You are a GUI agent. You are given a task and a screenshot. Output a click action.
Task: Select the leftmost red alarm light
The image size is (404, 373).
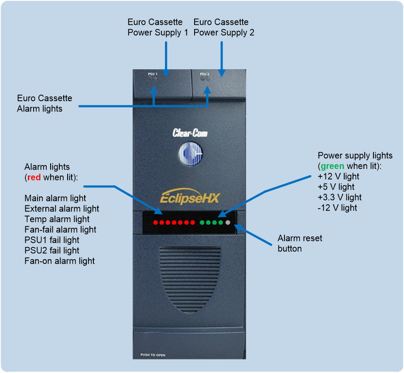click(155, 223)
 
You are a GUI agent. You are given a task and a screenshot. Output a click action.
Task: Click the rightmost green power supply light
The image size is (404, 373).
click(221, 223)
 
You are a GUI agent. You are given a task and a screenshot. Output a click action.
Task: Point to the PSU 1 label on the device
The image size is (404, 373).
click(153, 74)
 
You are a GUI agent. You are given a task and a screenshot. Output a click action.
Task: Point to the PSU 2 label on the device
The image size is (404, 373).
click(205, 74)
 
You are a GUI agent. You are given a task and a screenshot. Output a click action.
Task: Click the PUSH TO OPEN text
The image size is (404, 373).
click(153, 355)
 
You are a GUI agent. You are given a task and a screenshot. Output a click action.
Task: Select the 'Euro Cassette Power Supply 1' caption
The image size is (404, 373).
click(157, 27)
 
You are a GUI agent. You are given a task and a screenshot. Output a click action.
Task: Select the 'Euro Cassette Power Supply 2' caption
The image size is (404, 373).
click(224, 27)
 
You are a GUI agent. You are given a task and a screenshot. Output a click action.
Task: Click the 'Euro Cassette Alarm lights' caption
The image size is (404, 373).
click(45, 103)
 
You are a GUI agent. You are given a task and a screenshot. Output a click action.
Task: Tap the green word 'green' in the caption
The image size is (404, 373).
click(332, 166)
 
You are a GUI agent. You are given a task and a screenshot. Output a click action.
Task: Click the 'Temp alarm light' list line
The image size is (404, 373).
click(57, 219)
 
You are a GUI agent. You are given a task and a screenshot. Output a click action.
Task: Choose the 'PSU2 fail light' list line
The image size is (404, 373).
click(52, 251)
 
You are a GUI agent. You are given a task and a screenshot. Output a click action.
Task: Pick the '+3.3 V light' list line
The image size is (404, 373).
click(340, 197)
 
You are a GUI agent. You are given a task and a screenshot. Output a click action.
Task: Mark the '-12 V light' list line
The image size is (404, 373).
click(337, 208)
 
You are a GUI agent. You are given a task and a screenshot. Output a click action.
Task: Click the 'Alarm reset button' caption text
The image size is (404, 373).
click(300, 243)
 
